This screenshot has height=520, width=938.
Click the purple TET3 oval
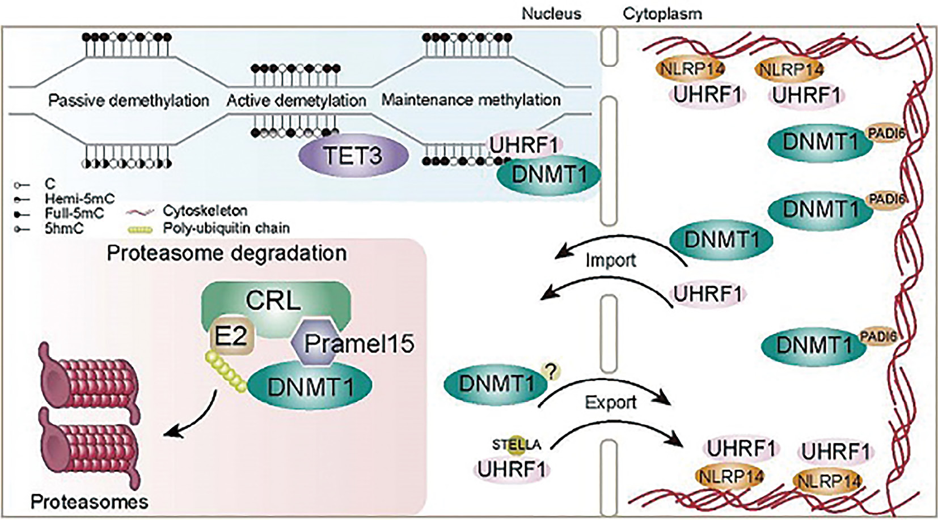[353, 155]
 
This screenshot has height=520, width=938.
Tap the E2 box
[230, 337]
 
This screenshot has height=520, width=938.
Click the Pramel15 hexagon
[318, 342]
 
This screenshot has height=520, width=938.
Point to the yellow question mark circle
[551, 372]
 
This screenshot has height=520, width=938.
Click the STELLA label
[516, 445]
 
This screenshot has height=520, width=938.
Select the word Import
[610, 260]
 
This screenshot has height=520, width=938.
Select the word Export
[610, 402]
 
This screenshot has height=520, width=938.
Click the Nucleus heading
[551, 14]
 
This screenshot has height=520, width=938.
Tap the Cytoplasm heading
[662, 14]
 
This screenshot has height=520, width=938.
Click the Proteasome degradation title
[227, 253]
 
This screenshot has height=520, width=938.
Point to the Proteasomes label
[90, 501]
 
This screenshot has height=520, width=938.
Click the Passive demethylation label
[129, 100]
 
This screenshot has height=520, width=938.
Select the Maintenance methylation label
[471, 100]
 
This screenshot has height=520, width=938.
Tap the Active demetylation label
[296, 101]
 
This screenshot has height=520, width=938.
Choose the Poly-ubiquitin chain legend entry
[226, 228]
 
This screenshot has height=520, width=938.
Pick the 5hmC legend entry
[64, 229]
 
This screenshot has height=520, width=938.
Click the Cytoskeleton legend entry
[205, 211]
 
